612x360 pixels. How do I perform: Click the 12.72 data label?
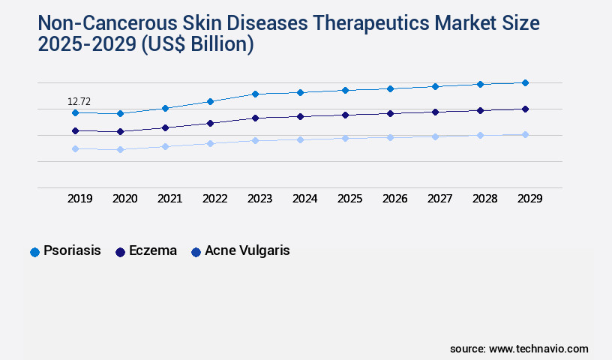coord(79,101)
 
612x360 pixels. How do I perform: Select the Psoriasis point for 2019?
coord(75,112)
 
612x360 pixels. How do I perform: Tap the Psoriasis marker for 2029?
coord(525,82)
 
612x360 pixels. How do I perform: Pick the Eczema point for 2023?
coord(255,118)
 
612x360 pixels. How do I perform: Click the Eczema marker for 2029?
coord(525,109)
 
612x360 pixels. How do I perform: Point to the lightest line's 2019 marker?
coord(75,148)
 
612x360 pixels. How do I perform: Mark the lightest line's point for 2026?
coord(390,137)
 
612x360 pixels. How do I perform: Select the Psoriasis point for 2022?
coord(210,101)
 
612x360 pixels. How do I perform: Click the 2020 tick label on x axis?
coord(124,199)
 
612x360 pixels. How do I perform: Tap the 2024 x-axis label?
coord(304,199)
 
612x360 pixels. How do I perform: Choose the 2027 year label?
coord(439,199)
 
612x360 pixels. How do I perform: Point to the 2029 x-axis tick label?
coord(529,199)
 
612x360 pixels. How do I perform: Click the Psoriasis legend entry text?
coord(72,251)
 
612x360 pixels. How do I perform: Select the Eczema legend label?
coord(153,251)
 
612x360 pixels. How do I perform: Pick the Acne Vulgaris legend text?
coord(247,251)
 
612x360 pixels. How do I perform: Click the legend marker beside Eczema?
coord(120,252)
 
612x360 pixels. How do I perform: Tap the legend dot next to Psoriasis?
coord(34,252)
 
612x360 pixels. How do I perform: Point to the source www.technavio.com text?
coord(519,349)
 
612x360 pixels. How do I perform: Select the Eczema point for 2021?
coord(165,127)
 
